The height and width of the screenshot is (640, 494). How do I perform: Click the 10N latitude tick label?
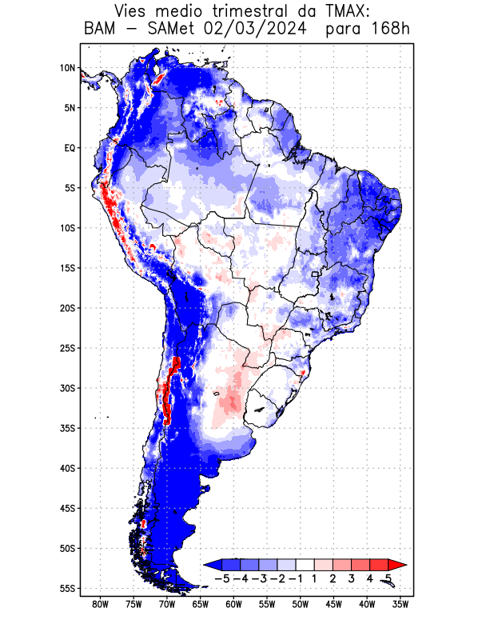(x=67, y=68)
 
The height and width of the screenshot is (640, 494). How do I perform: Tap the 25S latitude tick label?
(x=67, y=348)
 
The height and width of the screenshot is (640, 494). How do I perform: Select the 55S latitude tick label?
(x=67, y=588)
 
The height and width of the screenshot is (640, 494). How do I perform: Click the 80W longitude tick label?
(x=101, y=604)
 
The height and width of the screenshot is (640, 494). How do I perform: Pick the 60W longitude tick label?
(x=233, y=604)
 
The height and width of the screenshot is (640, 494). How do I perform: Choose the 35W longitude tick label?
(x=400, y=604)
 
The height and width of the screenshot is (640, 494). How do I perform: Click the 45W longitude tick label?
(x=333, y=604)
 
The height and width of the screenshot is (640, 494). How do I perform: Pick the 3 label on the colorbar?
(x=351, y=578)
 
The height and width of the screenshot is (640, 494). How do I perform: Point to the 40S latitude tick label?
(x=67, y=468)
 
